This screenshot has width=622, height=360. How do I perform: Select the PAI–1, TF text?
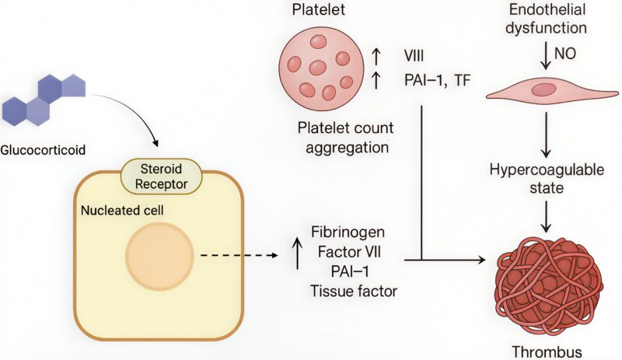coord(437,79)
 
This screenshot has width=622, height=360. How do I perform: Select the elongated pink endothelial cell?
coord(547,91)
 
